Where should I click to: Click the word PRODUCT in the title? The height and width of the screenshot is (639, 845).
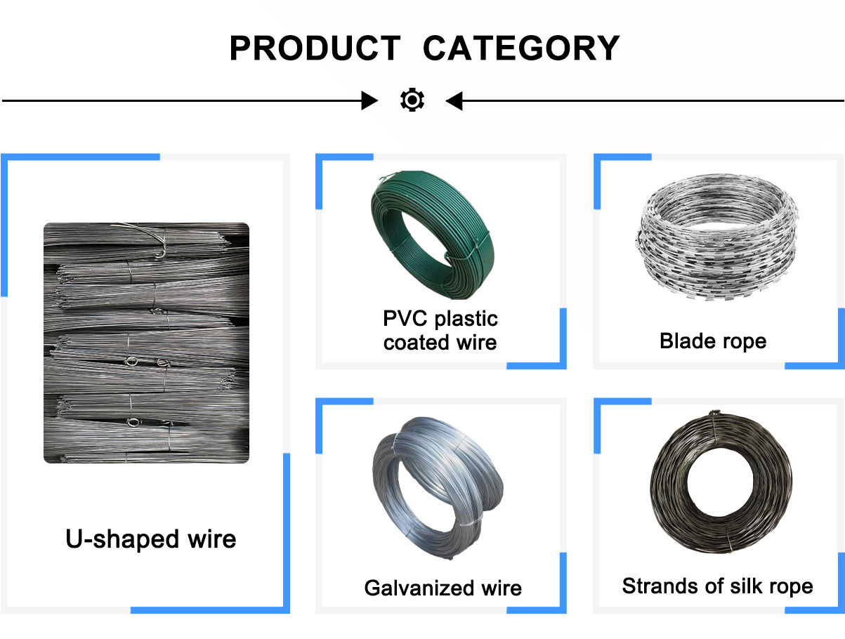314,48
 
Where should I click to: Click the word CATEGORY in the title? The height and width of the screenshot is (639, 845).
521,48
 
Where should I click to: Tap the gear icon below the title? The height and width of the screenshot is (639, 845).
412,101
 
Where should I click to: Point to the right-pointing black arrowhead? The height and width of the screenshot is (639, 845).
369,101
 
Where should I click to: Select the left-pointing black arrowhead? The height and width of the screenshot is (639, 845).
454,101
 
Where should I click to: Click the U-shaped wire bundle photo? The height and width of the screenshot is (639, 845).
146,343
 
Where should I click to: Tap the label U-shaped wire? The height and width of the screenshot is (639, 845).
151,539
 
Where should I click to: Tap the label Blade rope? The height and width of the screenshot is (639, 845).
713,341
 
